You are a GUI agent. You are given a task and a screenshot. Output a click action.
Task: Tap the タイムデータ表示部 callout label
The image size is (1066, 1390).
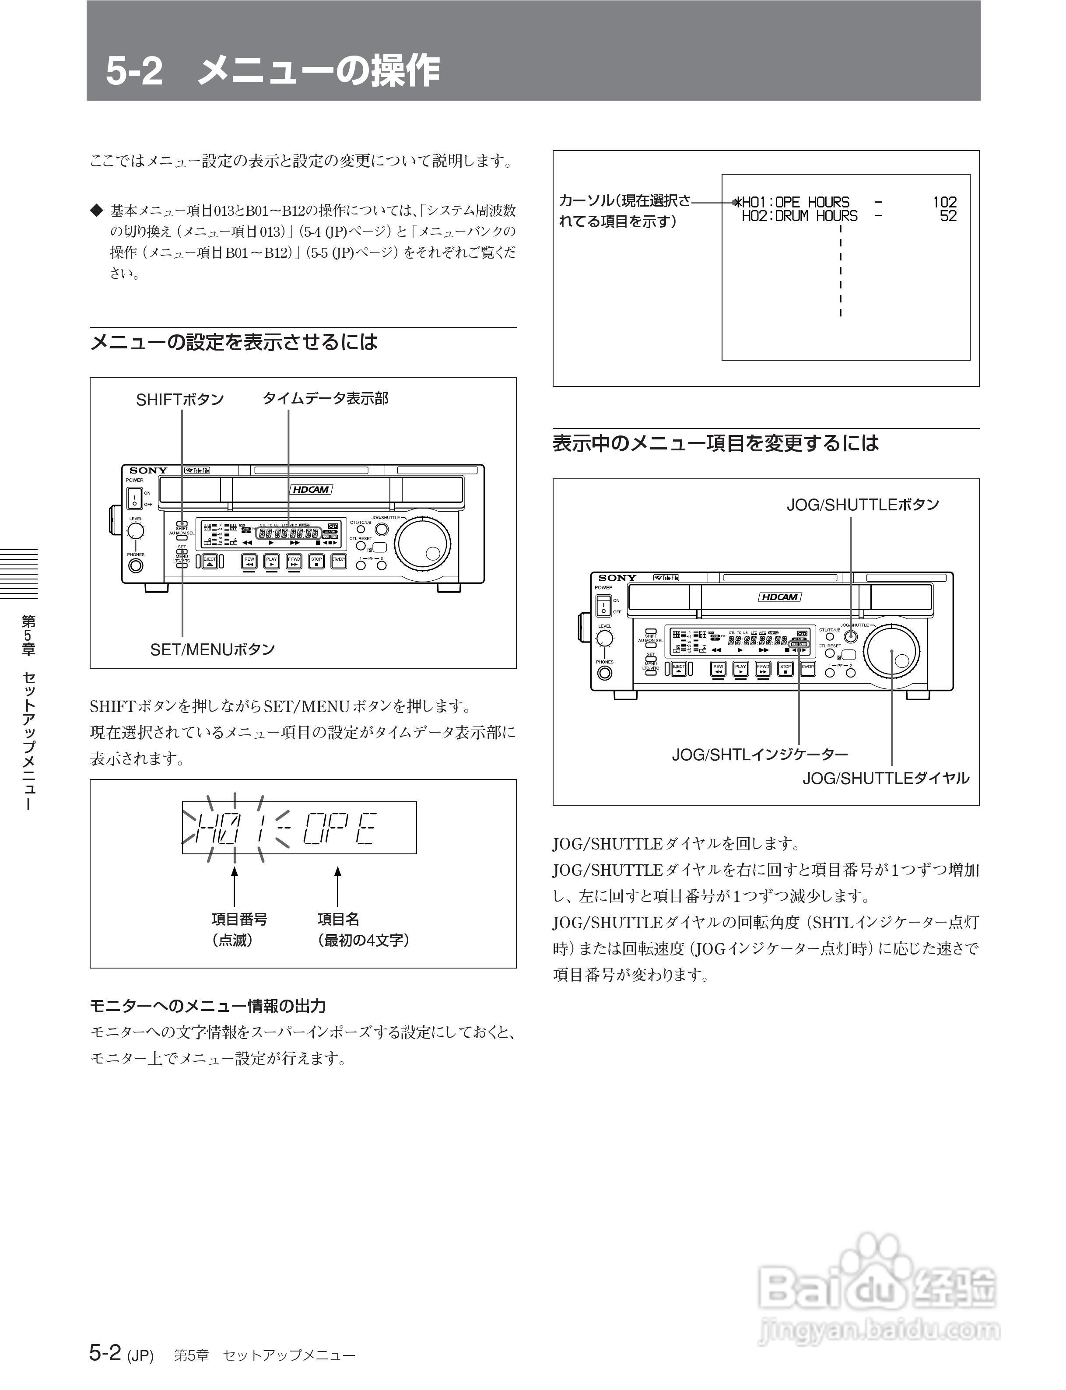tap(326, 399)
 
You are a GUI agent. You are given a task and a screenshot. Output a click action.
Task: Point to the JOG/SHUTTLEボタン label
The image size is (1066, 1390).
tap(863, 505)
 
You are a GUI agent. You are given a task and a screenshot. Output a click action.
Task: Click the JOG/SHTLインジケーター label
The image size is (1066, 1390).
tap(760, 755)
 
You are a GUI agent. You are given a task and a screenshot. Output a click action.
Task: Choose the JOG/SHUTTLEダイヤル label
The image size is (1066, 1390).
tap(886, 778)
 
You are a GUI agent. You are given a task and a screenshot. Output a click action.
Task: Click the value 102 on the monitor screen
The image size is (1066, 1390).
tap(944, 202)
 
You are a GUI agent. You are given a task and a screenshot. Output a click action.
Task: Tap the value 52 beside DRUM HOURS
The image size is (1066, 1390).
tap(948, 217)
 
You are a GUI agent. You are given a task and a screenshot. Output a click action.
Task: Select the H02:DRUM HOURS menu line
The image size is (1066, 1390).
tap(799, 217)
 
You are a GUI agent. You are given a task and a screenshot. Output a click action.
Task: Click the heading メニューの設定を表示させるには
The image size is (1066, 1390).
tap(234, 342)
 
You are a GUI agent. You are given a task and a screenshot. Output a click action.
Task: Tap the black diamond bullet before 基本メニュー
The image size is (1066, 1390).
tap(96, 210)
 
